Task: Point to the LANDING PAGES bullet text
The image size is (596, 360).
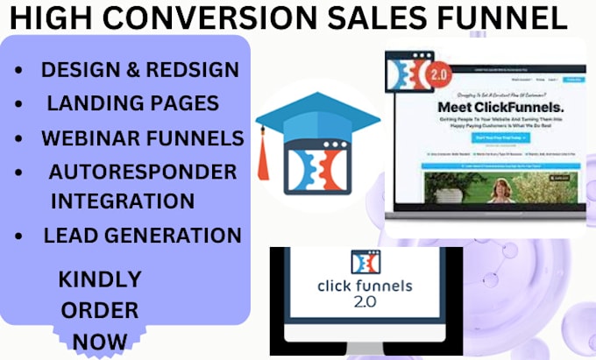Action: pos(132,104)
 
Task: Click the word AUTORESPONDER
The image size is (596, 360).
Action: pos(143,171)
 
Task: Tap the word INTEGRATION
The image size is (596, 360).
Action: pos(123,201)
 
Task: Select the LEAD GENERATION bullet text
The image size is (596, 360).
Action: pos(142,235)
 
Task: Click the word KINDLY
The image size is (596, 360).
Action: pos(99,279)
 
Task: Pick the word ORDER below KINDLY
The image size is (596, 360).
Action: pos(99,309)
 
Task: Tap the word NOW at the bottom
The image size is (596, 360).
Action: pos(99,340)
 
